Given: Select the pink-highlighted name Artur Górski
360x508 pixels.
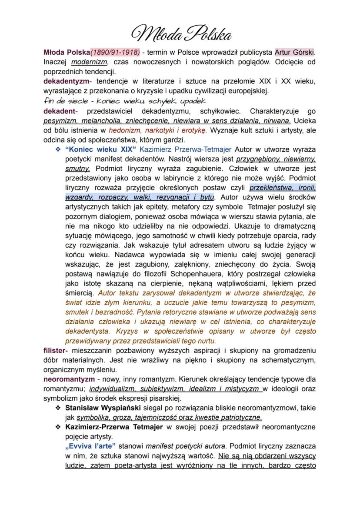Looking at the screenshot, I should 294,52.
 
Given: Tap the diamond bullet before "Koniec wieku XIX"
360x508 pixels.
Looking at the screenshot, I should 57,149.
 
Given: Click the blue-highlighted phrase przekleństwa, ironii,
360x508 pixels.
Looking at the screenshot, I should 283,188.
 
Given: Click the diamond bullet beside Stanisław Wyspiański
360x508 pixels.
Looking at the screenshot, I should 57,408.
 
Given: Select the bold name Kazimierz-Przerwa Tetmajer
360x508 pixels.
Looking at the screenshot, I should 114,427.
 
